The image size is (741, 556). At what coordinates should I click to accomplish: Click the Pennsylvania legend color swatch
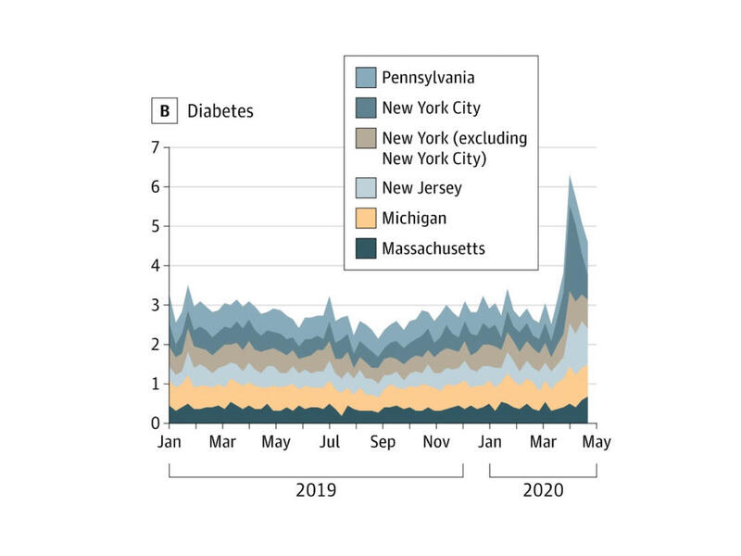point(366,78)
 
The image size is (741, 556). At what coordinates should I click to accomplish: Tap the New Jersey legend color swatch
point(366,188)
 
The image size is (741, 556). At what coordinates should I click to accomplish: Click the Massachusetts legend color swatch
point(366,248)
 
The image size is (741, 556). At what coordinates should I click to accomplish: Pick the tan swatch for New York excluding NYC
point(366,139)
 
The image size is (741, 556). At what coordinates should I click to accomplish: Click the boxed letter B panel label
point(165,111)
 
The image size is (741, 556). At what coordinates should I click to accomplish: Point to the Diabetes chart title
point(220,111)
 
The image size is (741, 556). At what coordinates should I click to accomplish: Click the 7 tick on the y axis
point(155,147)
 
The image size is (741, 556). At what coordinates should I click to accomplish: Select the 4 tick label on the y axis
point(155,266)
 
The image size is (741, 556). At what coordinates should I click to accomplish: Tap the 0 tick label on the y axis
point(155,423)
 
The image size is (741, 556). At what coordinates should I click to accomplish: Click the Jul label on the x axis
point(330,443)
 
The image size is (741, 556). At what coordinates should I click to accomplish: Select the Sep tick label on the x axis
point(383,443)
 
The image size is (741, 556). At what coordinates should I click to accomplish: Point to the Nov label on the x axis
point(436,443)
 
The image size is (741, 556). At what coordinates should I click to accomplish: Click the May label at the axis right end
point(597,443)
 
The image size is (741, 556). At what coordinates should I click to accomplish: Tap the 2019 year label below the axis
point(315,488)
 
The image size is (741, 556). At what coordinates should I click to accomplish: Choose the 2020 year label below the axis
point(543,488)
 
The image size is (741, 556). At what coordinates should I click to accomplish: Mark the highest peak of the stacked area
point(571,175)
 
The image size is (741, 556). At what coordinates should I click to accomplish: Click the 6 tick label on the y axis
point(155,187)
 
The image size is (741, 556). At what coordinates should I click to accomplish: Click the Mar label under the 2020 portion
point(543,443)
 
